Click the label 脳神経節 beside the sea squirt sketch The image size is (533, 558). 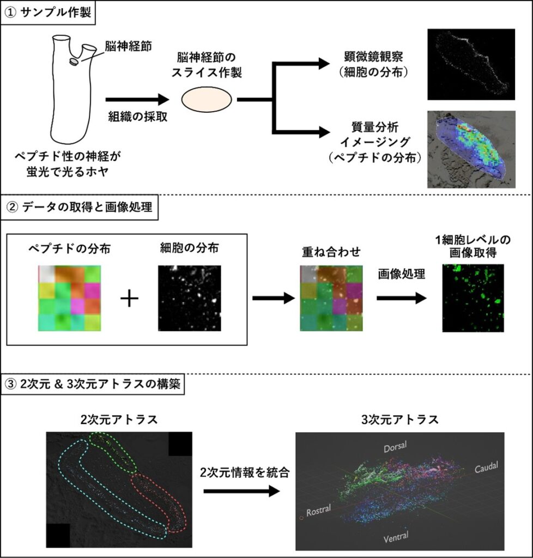point(123,46)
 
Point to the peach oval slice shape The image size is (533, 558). point(207,100)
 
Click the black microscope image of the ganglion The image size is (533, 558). point(471,64)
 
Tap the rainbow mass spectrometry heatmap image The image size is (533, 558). point(471,149)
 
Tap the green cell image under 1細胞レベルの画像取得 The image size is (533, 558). point(473,298)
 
